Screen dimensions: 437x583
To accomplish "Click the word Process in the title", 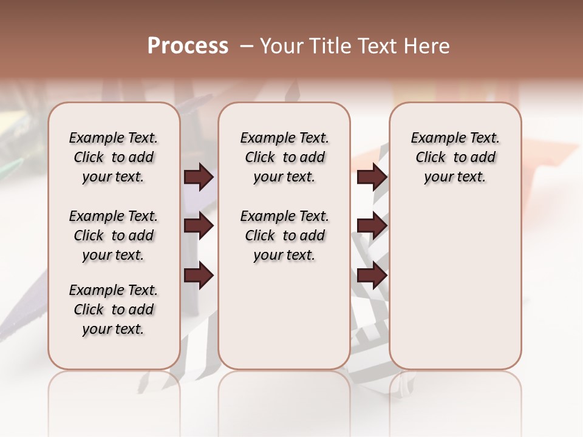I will (188, 46).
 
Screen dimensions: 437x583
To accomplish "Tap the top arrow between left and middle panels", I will (199, 177).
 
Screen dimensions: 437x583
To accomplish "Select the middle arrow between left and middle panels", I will (199, 226).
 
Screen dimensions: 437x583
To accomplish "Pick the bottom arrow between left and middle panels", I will (199, 276).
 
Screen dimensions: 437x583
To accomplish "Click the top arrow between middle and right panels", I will (372, 177).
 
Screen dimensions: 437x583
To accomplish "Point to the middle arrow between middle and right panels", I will (372, 226).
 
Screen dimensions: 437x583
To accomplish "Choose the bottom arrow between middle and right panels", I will (372, 276).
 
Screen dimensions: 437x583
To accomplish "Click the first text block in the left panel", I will (114, 157).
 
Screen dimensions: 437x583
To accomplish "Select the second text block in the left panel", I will (114, 235).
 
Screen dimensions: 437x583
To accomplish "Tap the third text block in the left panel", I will (114, 310).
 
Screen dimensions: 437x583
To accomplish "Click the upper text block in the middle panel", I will (284, 157).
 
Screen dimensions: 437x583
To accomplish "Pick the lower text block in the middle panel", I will (284, 235).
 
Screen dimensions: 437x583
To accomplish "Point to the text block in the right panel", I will (455, 157).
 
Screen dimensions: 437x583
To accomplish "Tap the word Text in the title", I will (376, 46).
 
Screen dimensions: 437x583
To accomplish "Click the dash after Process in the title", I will (247, 46).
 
